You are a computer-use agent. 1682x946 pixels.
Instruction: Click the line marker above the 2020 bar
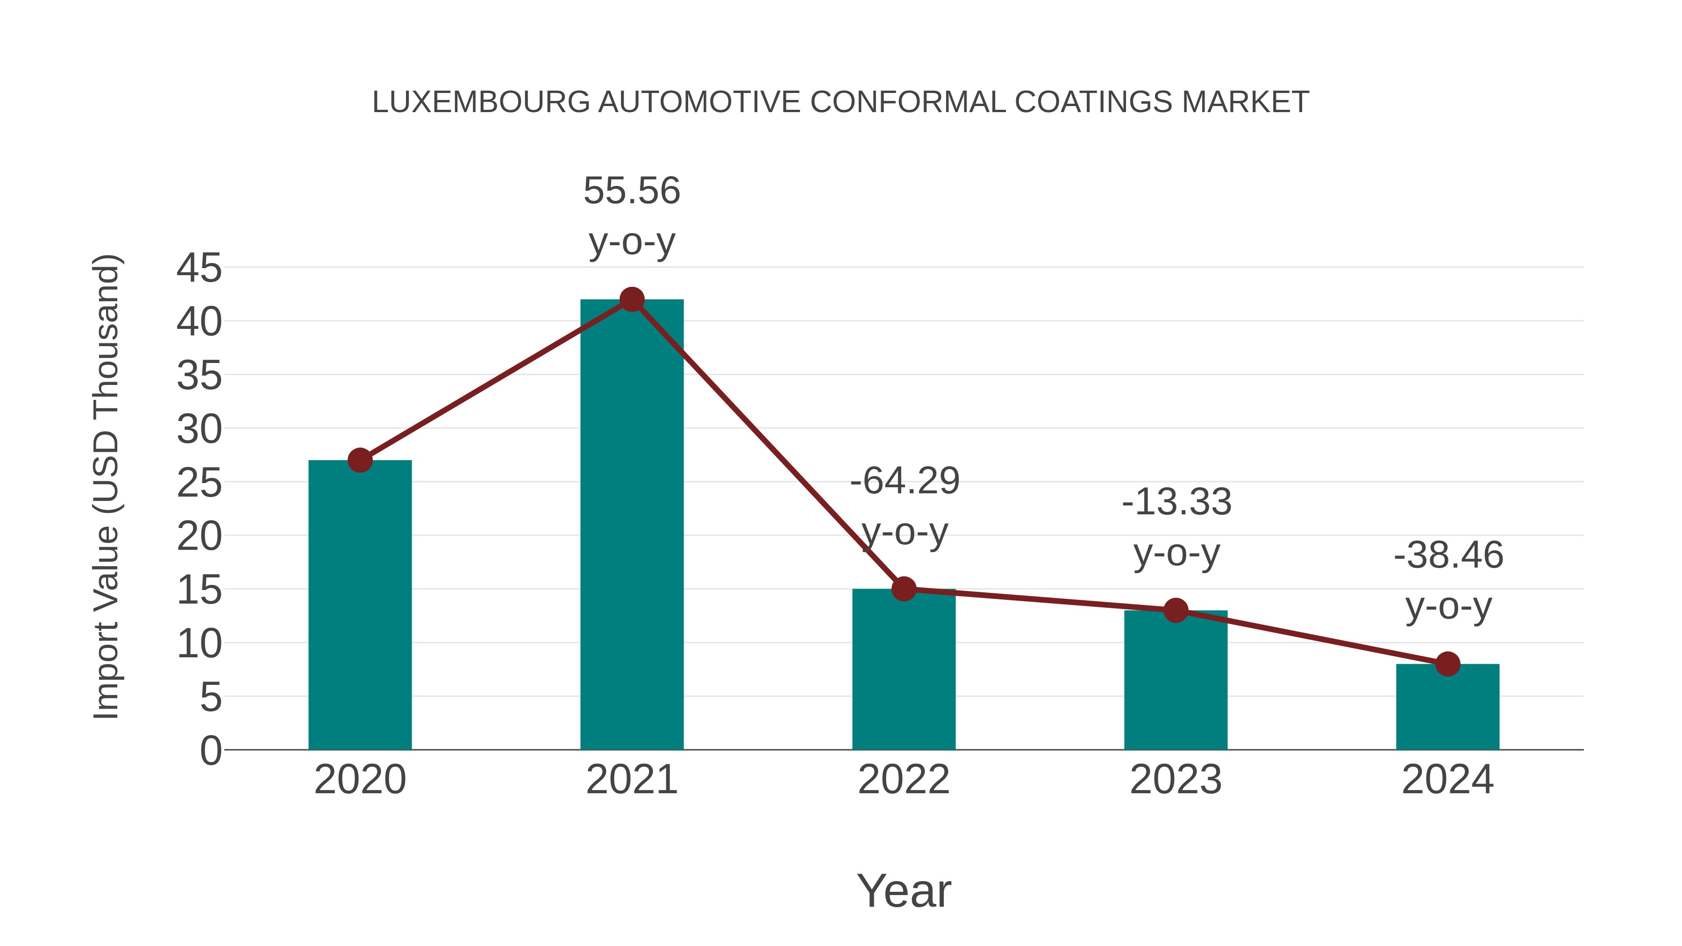360,460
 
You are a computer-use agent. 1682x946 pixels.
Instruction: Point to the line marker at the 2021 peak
631,299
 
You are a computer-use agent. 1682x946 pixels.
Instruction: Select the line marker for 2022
904,589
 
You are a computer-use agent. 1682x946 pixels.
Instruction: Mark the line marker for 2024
1447,664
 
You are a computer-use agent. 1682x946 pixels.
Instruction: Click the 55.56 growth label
631,191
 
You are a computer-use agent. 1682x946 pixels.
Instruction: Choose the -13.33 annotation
1176,503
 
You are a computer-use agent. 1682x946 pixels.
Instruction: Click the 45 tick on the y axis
199,268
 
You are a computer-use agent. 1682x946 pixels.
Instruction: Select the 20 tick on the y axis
199,537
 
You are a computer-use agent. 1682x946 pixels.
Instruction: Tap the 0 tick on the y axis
210,751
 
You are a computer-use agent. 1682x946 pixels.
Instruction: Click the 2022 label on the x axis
904,780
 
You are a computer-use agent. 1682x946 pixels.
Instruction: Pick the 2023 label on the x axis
1176,780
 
